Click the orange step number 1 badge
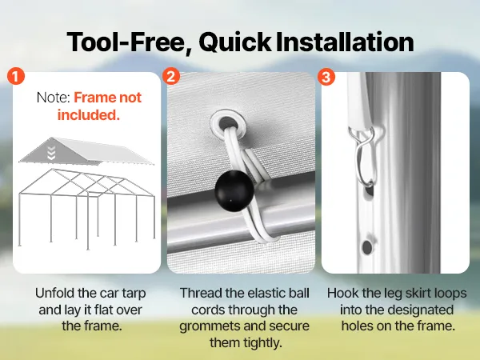[15, 76]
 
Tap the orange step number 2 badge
[171, 76]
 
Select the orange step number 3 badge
[326, 77]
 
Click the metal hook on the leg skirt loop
[364, 156]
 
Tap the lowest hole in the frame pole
[367, 246]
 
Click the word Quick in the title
[234, 42]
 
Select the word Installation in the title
[345, 42]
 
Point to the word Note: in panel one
[54, 98]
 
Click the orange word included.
[89, 114]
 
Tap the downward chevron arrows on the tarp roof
[51, 153]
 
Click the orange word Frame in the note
[94, 98]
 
